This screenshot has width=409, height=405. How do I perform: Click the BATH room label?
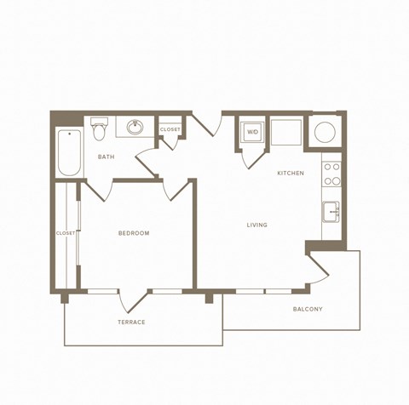coord(107,157)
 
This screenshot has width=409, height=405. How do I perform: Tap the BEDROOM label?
coord(134,233)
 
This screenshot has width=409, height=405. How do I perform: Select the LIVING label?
coord(256,225)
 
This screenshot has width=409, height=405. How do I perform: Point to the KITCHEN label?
coord(291,174)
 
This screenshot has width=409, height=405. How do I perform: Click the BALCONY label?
coord(307,309)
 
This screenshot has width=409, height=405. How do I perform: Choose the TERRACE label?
coord(131,322)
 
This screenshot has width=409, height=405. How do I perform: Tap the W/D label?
coord(253,133)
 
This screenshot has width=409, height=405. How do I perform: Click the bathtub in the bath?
coord(69,152)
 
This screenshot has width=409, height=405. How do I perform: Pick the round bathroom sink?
coord(135,128)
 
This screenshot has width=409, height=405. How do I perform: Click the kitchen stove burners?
coord(331,174)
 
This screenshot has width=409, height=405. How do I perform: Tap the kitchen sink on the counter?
coord(331,210)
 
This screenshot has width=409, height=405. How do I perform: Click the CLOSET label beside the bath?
coord(170,129)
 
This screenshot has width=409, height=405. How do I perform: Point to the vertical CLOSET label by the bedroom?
coord(65,232)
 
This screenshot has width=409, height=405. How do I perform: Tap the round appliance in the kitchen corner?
coord(325,132)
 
